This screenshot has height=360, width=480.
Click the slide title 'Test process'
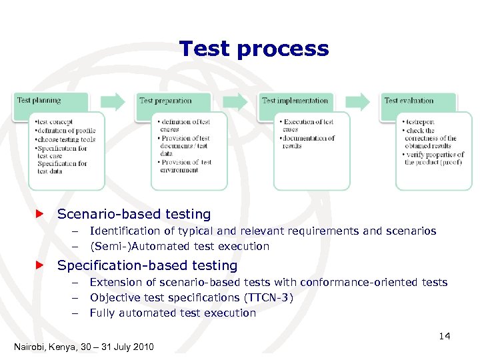[x=254, y=49]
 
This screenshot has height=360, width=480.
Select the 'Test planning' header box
[x=52, y=101]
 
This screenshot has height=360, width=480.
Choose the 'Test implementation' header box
[x=297, y=101]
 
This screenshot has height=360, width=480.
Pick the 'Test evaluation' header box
[x=418, y=101]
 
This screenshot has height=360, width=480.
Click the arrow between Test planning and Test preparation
[x=113, y=101]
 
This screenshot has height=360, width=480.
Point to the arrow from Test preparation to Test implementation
[x=235, y=101]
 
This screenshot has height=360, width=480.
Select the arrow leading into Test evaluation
[x=358, y=101]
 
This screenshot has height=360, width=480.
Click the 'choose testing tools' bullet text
[x=65, y=139]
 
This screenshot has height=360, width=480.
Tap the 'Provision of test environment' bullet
[x=185, y=166]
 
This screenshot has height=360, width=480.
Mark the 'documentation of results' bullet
[x=308, y=142]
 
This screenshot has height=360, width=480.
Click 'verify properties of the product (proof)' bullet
[x=433, y=158]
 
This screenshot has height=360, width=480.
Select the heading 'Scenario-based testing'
[x=134, y=214]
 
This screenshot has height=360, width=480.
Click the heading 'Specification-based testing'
[x=147, y=265]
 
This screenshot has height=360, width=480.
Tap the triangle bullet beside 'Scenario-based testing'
[x=39, y=214]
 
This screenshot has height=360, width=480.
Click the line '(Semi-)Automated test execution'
[x=179, y=246]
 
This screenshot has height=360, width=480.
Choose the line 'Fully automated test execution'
[x=173, y=313]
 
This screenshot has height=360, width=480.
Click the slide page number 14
[x=444, y=336]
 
